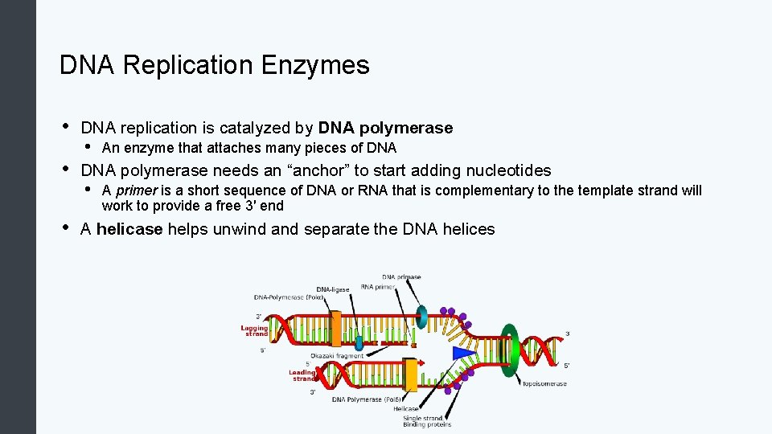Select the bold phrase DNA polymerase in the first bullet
click(385, 128)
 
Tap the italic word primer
click(136, 190)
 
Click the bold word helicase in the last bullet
click(129, 229)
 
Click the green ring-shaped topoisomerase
click(509, 350)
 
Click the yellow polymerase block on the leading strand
click(410, 375)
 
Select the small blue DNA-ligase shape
click(359, 342)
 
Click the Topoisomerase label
click(544, 383)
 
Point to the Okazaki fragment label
click(337, 355)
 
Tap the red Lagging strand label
click(254, 330)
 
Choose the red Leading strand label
click(302, 375)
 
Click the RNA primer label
click(378, 286)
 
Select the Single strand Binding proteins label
click(427, 421)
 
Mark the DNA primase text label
click(401, 277)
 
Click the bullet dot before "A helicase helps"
click(64, 229)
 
